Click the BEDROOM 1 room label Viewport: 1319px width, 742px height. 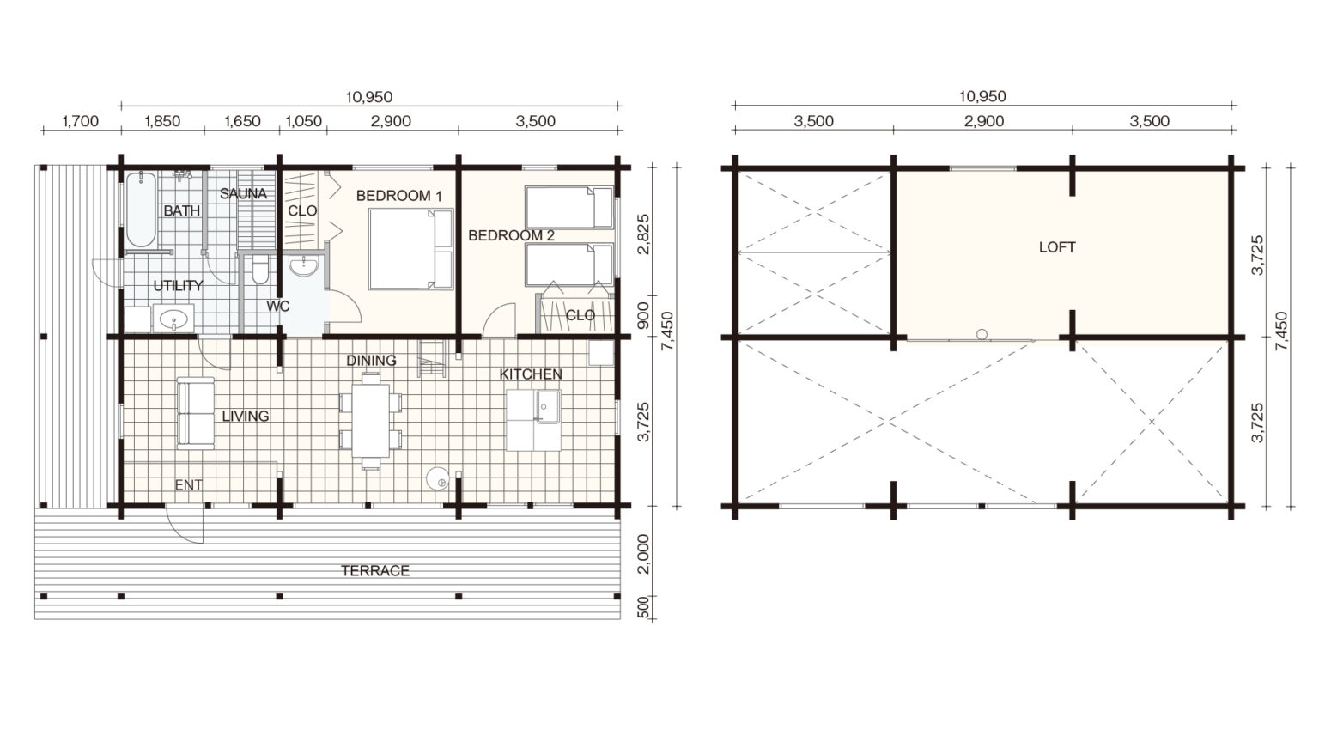tap(398, 196)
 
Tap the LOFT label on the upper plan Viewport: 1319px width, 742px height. tap(1057, 247)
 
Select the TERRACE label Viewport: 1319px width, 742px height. tap(375, 570)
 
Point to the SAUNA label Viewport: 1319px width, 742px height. tap(243, 193)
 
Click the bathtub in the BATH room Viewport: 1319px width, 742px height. tap(141, 210)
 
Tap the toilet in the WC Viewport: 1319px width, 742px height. tap(259, 271)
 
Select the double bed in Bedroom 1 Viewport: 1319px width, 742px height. tap(411, 249)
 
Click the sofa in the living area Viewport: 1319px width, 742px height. tap(196, 413)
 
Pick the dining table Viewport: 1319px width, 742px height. tap(371, 421)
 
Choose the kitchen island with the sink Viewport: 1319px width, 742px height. tap(533, 420)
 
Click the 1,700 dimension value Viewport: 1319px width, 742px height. tap(81, 121)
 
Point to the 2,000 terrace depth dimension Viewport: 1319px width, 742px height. tap(643, 554)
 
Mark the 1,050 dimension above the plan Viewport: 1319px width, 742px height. tap(304, 121)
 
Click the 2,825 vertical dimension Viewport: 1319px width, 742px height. tap(643, 234)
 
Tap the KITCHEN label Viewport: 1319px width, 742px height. tap(531, 374)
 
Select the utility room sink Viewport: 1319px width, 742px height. tap(173, 319)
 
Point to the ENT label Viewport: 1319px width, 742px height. tap(188, 484)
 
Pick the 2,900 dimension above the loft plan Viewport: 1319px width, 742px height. tap(984, 121)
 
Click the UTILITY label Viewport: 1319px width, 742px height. tap(178, 286)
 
